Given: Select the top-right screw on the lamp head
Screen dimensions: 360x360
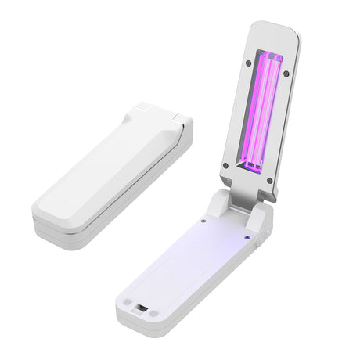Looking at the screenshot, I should pyautogui.click(x=286, y=74).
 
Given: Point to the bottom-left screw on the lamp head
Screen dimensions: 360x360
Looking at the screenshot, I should pyautogui.click(x=226, y=165).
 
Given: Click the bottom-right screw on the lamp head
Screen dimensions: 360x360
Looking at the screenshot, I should pyautogui.click(x=270, y=181).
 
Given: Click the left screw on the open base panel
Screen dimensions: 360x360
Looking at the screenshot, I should pyautogui.click(x=203, y=221).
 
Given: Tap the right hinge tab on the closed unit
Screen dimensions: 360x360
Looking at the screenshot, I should pyautogui.click(x=182, y=119).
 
